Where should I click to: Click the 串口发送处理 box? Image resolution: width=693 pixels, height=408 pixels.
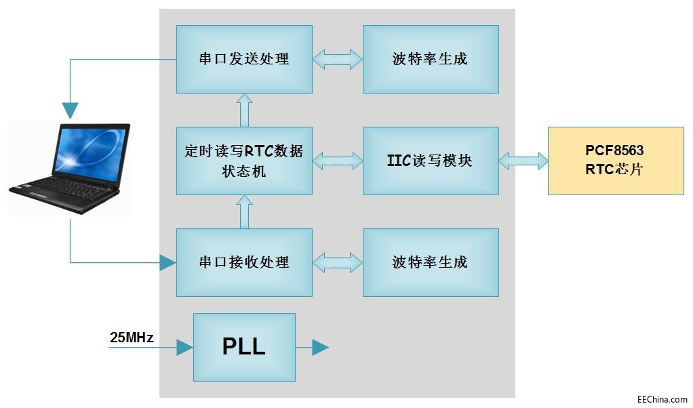point(244,59)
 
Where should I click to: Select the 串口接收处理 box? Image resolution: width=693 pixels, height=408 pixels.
point(244,262)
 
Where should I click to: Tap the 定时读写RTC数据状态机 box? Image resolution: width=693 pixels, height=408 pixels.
point(244,161)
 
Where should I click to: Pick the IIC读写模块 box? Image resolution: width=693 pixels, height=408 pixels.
point(431,161)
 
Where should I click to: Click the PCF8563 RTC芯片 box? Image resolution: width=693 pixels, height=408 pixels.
point(615,161)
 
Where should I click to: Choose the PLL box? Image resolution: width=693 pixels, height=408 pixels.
point(244,347)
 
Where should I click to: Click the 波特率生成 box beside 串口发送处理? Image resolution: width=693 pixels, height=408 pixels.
point(431,59)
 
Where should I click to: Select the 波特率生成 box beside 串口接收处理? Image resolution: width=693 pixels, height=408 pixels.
point(431,262)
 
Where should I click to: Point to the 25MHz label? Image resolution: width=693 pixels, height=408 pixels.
point(132,337)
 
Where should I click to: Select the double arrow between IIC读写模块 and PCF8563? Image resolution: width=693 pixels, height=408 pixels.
point(523,161)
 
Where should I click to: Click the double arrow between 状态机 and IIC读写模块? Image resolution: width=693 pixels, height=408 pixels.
point(338,161)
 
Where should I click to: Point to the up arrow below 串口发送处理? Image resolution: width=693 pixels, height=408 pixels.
point(245,110)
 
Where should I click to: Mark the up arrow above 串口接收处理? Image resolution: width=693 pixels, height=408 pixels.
point(245,211)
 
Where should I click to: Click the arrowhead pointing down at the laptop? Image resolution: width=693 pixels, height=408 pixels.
point(70,110)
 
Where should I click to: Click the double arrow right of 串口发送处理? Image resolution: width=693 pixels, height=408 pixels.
point(338,59)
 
